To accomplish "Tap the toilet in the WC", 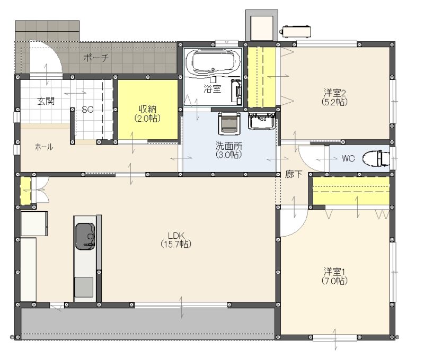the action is (376, 158).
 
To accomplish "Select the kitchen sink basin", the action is (85, 236).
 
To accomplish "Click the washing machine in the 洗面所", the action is (229, 123).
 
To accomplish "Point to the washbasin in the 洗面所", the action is (262, 121).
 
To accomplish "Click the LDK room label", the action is (176, 235).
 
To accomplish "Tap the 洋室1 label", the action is (334, 271).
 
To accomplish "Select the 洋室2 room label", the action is (335, 93).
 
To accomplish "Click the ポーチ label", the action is (96, 58).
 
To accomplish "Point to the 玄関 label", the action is (46, 101).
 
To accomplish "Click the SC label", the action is (87, 110).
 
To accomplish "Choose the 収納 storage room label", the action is (148, 109).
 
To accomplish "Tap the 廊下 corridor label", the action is (294, 174).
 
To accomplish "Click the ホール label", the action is (44, 147).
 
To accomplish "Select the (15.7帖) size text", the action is (176, 244).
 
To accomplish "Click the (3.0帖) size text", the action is (229, 155).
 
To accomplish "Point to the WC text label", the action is (348, 158).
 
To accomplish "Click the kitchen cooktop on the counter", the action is (84, 287).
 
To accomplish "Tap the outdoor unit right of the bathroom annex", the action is (295, 31).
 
